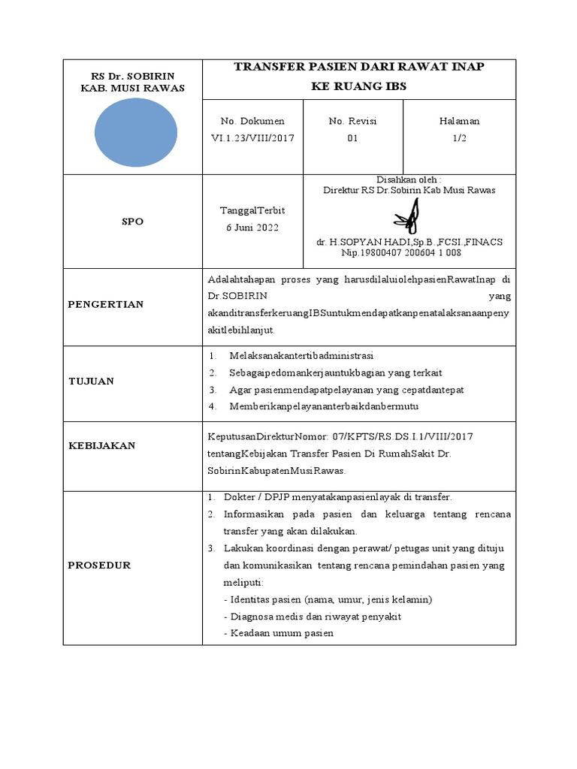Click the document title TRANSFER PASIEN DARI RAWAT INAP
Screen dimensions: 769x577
pos(358,67)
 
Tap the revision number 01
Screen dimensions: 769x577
pos(352,138)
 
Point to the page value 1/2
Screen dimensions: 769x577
pos(459,138)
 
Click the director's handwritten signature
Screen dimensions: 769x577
pos(408,217)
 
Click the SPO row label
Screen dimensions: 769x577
pos(132,222)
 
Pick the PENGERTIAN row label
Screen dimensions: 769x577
pos(106,304)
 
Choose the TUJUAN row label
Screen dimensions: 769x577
pos(91,381)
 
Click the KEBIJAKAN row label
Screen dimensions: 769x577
pos(102,445)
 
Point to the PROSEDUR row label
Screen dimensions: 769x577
pos(99,565)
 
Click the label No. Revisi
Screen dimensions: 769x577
pos(352,121)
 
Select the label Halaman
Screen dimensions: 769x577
pos(459,121)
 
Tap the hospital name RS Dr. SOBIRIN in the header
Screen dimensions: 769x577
pos(132,77)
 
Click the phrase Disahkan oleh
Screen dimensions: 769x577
pos(408,179)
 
